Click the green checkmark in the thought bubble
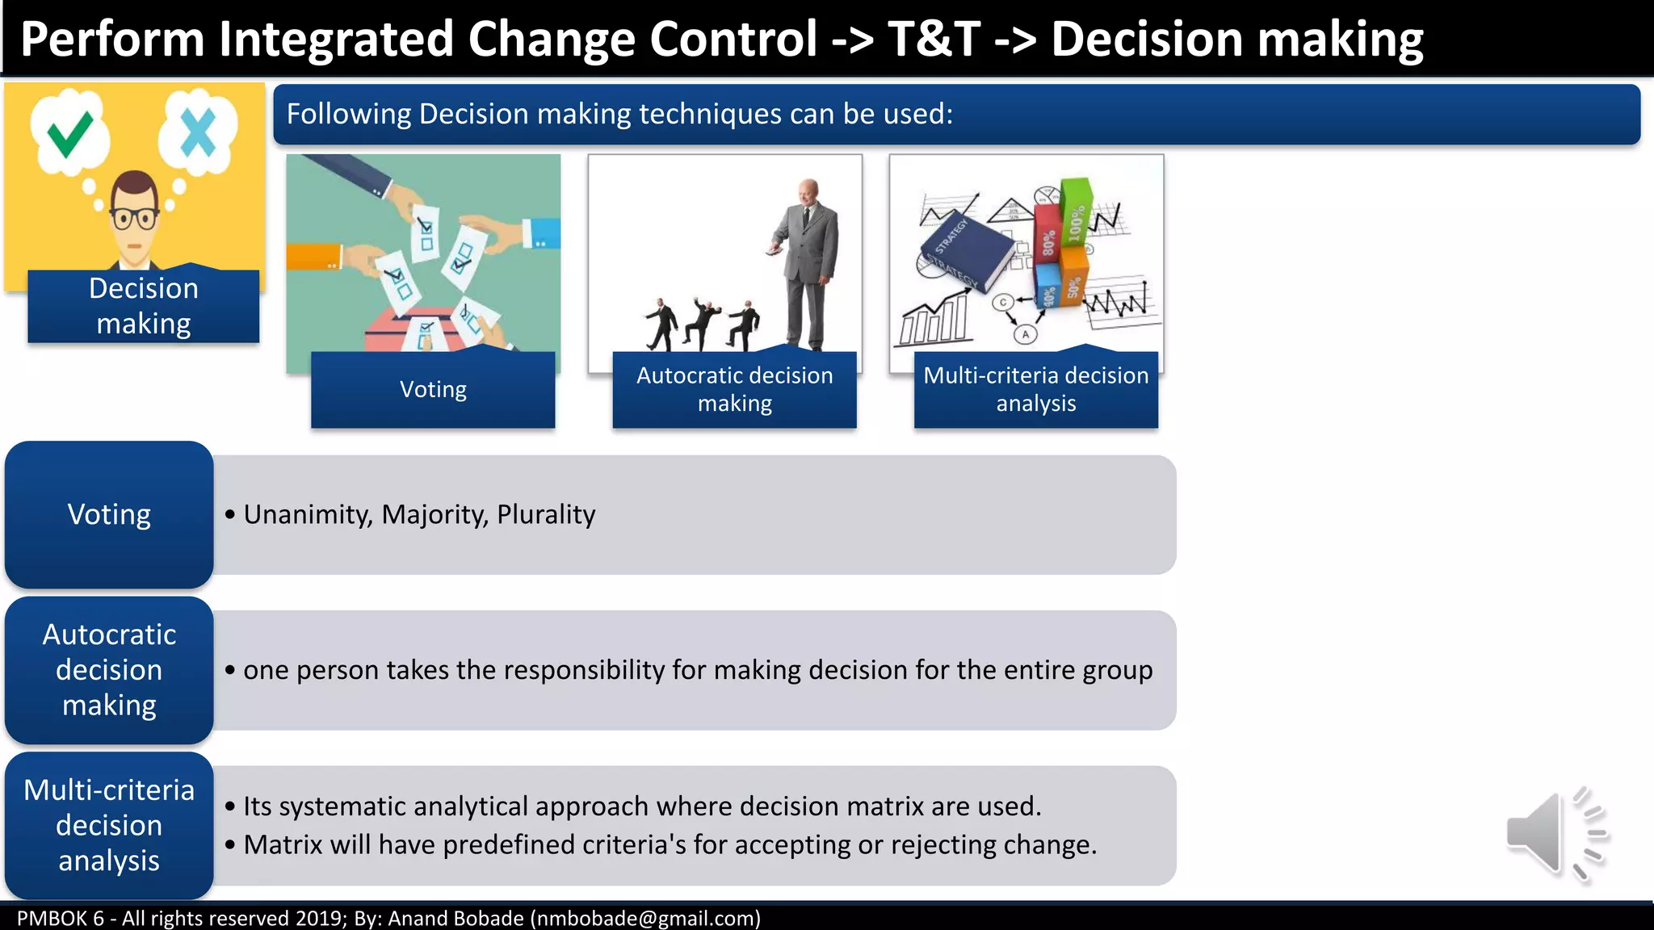pyautogui.click(x=69, y=132)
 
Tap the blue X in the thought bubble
pyautogui.click(x=198, y=132)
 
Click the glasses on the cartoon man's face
pyautogui.click(x=135, y=217)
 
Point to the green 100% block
pyautogui.click(x=1076, y=214)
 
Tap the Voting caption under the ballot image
pyautogui.click(x=433, y=389)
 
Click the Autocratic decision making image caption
pyautogui.click(x=734, y=389)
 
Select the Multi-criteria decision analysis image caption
pyautogui.click(x=1035, y=389)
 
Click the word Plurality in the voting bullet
pyautogui.click(x=546, y=514)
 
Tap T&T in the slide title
pyautogui.click(x=934, y=39)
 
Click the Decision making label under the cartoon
pyautogui.click(x=143, y=306)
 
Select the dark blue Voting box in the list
pyautogui.click(x=109, y=514)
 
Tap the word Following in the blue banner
pyautogui.click(x=349, y=114)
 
